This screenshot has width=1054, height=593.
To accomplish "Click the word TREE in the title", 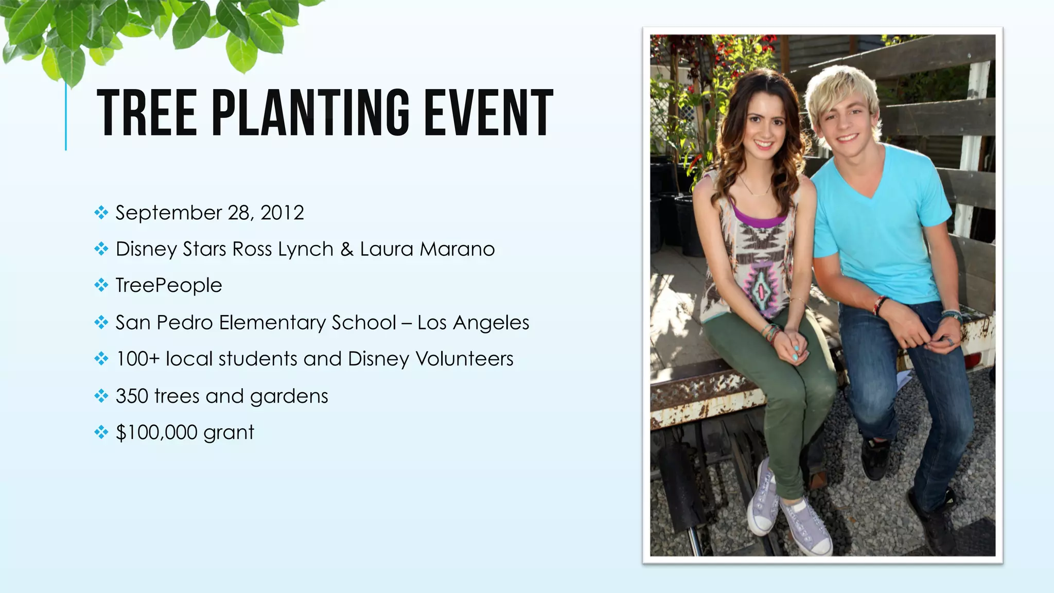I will [x=147, y=113].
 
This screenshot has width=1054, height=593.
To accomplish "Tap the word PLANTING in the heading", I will [x=311, y=113].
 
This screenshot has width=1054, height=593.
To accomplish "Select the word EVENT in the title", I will [x=488, y=113].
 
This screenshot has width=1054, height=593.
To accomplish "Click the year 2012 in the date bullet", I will [x=282, y=213].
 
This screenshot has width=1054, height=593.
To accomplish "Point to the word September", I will [x=169, y=213].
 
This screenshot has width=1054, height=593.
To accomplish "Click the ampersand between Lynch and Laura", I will [x=347, y=249].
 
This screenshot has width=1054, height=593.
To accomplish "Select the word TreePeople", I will [x=169, y=286].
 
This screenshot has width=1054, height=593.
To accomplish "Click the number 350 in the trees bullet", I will [x=132, y=396].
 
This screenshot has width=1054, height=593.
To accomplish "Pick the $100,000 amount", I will [x=156, y=432].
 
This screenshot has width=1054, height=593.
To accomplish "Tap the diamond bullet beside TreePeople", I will [x=101, y=285].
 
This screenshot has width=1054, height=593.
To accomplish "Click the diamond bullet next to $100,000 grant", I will [x=101, y=432].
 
